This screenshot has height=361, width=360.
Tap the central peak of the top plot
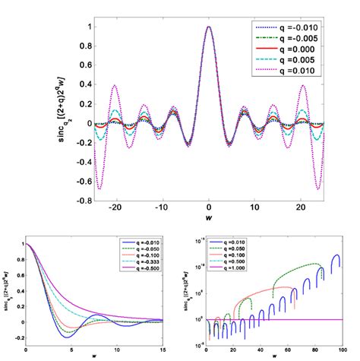209,27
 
